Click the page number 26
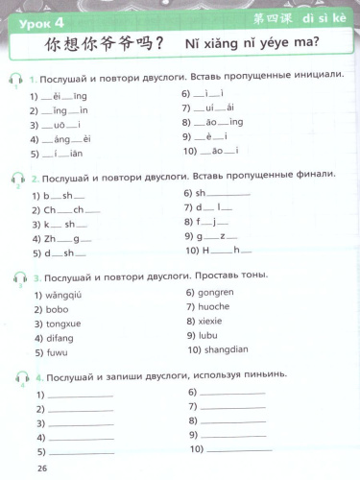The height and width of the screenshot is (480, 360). click(x=41, y=468)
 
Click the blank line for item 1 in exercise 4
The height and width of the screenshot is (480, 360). click(x=80, y=396)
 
